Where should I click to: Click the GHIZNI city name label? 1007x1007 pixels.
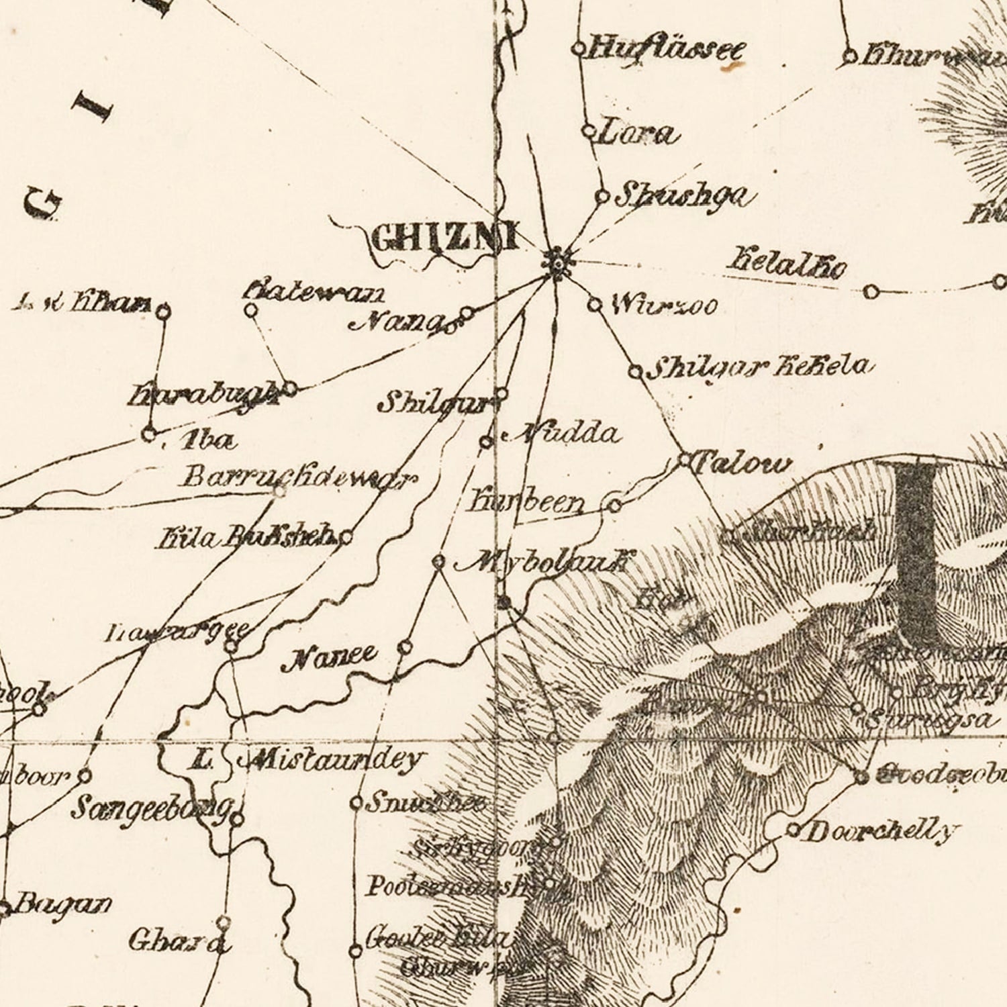click(x=444, y=238)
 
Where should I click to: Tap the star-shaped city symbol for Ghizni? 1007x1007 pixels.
click(x=557, y=262)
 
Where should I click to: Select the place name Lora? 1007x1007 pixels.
click(x=636, y=133)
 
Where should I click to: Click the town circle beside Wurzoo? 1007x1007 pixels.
click(x=594, y=305)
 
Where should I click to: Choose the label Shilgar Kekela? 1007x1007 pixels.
click(x=762, y=367)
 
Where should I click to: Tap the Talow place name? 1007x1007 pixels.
click(x=742, y=463)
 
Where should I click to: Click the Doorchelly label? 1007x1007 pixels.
click(x=879, y=832)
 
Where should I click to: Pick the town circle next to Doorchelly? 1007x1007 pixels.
click(x=793, y=830)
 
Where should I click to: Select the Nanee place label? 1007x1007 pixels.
click(x=330, y=657)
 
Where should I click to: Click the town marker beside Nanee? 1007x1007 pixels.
click(x=405, y=647)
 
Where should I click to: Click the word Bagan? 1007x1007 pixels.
click(x=62, y=904)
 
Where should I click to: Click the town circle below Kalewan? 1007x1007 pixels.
click(x=250, y=310)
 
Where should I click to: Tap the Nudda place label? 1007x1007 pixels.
click(x=565, y=434)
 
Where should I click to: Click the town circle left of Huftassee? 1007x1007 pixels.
click(x=579, y=48)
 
